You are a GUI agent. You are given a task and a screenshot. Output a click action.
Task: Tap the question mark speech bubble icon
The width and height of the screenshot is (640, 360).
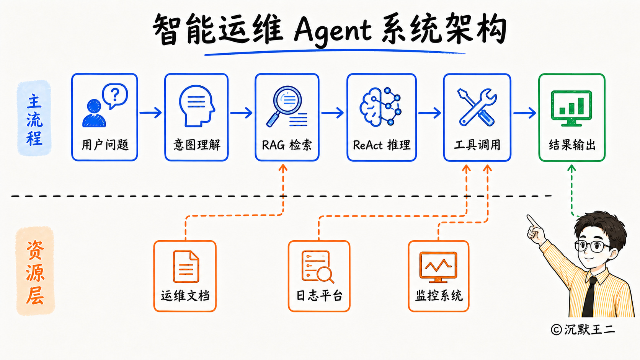[115, 96]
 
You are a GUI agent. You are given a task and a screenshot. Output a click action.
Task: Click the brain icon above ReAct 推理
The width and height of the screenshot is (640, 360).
[380, 106]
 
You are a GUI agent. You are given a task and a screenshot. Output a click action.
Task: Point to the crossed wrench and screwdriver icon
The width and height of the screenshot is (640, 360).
[477, 107]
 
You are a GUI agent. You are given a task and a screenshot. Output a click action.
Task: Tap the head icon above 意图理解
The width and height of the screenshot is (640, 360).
[197, 106]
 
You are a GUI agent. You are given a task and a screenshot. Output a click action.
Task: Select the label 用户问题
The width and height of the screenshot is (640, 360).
[105, 145]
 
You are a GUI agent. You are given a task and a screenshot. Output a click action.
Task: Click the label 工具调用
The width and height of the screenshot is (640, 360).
[477, 145]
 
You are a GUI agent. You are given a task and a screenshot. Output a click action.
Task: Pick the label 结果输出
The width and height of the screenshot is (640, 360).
[572, 145]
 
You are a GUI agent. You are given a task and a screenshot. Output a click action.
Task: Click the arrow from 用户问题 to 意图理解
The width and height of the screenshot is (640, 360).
[150, 112]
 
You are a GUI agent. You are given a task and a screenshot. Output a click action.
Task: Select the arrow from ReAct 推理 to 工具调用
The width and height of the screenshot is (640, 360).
[429, 113]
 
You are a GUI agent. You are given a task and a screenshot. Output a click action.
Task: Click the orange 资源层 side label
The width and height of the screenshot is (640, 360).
[35, 271]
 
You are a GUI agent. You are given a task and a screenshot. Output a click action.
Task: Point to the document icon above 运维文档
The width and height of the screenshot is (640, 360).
[186, 266]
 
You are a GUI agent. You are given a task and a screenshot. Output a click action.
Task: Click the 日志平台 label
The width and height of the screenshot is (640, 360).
[319, 296]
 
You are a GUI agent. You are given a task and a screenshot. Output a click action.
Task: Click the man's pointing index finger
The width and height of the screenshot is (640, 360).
[532, 221]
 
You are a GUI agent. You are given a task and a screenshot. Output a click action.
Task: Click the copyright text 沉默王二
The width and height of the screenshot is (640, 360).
[589, 330]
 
